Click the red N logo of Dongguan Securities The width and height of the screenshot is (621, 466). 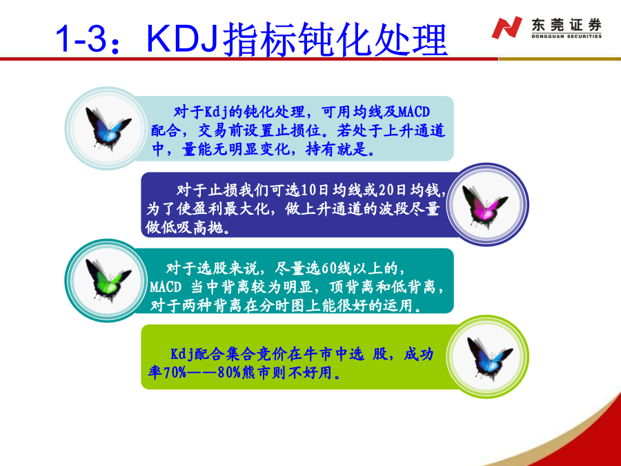click(x=506, y=28)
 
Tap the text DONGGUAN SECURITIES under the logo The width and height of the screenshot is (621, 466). click(x=566, y=37)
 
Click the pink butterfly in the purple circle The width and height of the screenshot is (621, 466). click(x=484, y=206)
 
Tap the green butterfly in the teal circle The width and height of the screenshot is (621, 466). click(x=108, y=280)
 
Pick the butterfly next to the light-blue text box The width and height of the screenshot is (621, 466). click(x=108, y=128)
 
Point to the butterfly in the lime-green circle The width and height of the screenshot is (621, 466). click(x=489, y=358)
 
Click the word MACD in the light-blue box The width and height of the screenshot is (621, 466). click(x=414, y=112)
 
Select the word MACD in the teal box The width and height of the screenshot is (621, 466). click(x=166, y=287)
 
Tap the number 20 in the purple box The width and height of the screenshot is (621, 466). click(x=386, y=191)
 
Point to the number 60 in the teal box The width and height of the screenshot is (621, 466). click(x=328, y=269)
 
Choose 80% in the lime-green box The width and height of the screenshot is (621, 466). click(x=229, y=373)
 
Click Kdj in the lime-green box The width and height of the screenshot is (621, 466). click(x=182, y=354)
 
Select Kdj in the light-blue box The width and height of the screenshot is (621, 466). click(x=216, y=112)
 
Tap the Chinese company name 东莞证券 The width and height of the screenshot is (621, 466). click(x=566, y=25)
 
